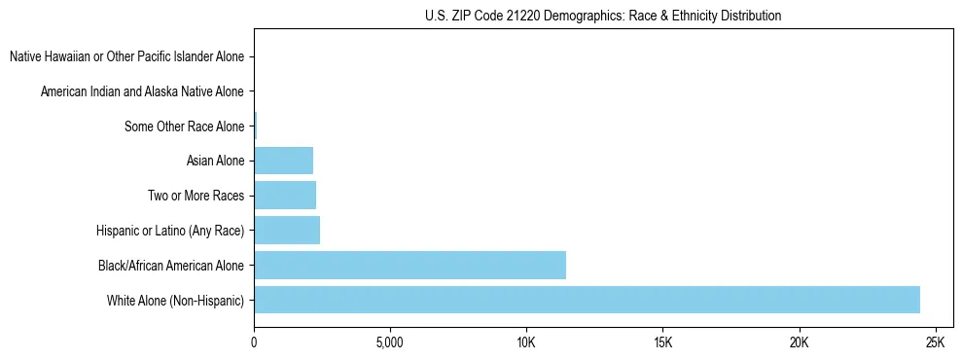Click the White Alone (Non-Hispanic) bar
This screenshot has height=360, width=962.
[587, 300]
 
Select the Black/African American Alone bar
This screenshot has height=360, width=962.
[410, 265]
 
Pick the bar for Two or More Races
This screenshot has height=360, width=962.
[285, 196]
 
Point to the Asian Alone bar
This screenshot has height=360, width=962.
[283, 161]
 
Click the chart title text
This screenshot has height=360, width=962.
[603, 16]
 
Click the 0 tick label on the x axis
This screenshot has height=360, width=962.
[254, 342]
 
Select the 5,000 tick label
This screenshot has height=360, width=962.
[390, 342]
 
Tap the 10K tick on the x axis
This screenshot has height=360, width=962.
[526, 342]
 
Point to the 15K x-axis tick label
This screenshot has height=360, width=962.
[662, 342]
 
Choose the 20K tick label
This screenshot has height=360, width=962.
[799, 342]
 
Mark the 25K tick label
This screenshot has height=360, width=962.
[935, 342]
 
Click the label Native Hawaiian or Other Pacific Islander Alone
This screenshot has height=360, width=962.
[126, 56]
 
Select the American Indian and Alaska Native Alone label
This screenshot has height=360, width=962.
[142, 91]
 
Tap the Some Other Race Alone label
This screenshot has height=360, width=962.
[184, 126]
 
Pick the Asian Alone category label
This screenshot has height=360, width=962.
[215, 161]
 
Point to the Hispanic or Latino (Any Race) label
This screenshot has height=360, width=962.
[170, 231]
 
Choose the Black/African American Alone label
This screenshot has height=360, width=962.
[171, 265]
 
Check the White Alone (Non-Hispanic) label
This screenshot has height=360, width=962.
[175, 300]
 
